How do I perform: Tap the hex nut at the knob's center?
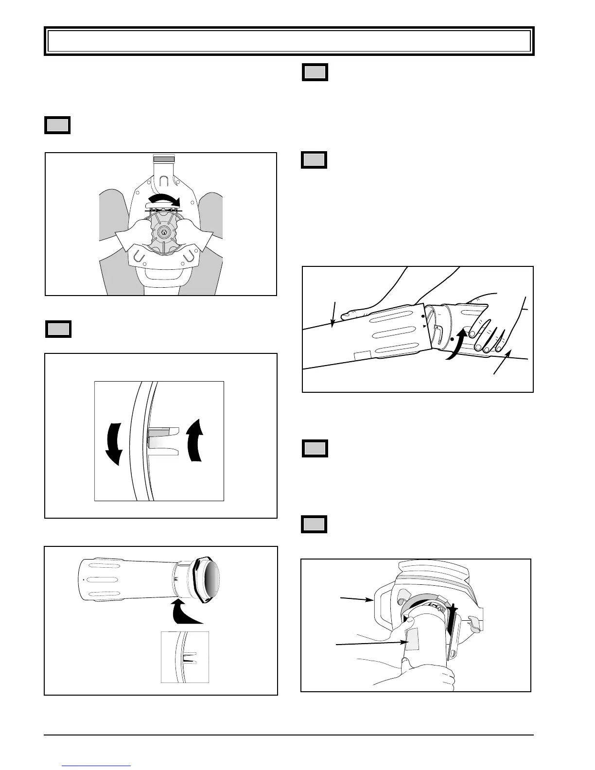[164, 232]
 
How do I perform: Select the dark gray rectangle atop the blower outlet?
[164, 159]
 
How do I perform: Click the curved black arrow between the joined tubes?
[457, 345]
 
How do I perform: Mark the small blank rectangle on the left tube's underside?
[362, 356]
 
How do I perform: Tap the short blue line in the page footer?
[97, 766]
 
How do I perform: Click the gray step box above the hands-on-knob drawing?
[58, 125]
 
